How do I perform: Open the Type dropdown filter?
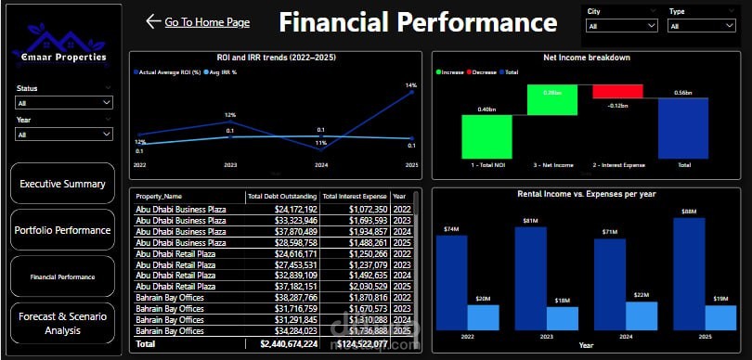pos(703,26)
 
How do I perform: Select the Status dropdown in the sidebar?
pos(64,103)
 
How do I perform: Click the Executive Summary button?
pos(63,184)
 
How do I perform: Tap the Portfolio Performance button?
pos(63,230)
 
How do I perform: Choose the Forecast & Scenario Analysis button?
pos(63,323)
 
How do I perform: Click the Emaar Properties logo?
pos(63,45)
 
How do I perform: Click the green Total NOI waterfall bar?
pos(486,137)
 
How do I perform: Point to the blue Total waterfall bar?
pos(684,128)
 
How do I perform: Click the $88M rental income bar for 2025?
pos(688,273)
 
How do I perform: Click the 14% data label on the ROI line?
pos(411,86)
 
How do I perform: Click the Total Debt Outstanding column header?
pos(281,197)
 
